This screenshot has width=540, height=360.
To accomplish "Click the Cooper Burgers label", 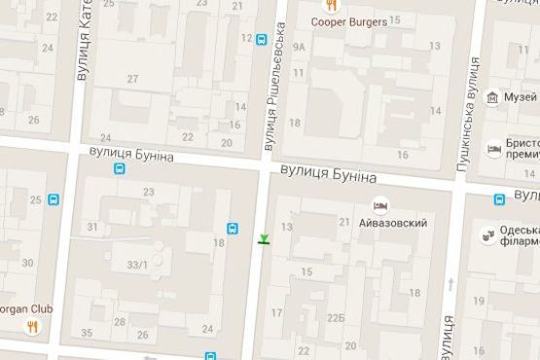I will pyautogui.click(x=349, y=21).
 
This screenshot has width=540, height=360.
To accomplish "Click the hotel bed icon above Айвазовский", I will pyautogui.click(x=382, y=206).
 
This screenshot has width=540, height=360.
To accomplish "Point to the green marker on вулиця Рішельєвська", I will pyautogui.click(x=264, y=238).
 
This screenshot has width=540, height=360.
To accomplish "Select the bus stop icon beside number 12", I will pyautogui.click(x=261, y=39).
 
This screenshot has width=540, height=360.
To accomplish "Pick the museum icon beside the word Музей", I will pyautogui.click(x=493, y=97).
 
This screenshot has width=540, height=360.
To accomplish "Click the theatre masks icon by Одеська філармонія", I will pyautogui.click(x=487, y=235).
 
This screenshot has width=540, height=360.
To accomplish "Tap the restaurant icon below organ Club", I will pyautogui.click(x=32, y=327).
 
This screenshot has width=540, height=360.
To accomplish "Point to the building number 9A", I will pyautogui.click(x=299, y=46).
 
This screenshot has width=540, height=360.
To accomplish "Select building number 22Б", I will pyautogui.click(x=336, y=317).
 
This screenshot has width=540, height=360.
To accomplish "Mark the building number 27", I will pyautogui.click(x=132, y=78).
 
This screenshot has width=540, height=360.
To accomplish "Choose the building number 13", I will pyautogui.click(x=287, y=227).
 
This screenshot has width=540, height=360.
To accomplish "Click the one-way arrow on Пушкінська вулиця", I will pyautogui.click(x=452, y=285).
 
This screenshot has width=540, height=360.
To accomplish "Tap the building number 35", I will pyautogui.click(x=87, y=334).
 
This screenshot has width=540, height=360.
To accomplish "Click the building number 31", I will pyautogui.click(x=92, y=227).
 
